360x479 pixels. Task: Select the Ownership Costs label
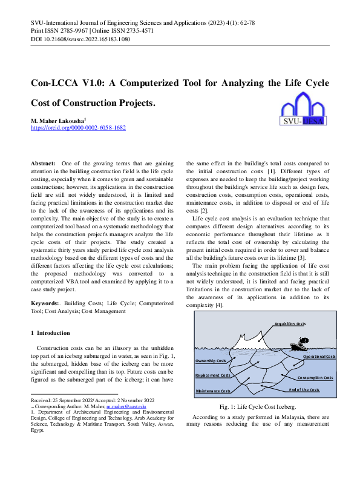211,361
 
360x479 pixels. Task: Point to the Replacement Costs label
212,375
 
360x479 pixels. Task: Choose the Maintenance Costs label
213,391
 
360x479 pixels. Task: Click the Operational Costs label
318,357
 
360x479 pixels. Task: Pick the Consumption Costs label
315,377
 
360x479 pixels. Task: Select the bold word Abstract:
43,164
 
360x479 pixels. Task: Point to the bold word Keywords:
45,302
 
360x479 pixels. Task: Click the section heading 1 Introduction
50,333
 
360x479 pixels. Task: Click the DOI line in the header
80,39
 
